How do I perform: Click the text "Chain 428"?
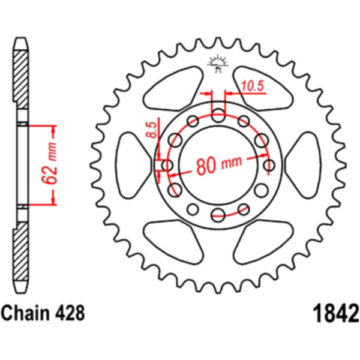(x=43, y=313)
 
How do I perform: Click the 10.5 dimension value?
(x=253, y=87)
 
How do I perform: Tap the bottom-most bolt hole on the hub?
(x=218, y=214)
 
